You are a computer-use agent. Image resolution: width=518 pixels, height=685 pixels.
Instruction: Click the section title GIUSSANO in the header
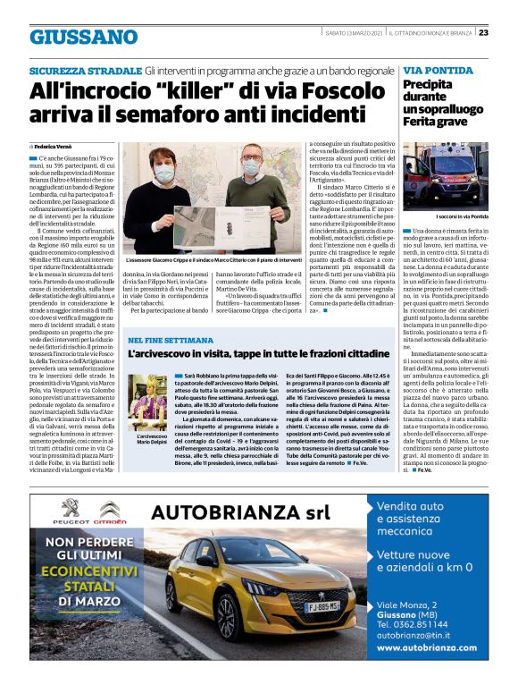(x=83, y=37)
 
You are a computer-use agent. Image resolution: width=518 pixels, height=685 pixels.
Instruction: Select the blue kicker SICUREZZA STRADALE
(x=85, y=70)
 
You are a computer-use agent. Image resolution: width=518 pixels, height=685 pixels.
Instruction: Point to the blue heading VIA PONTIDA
(x=438, y=70)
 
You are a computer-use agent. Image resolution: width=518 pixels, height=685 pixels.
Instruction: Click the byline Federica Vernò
(x=56, y=144)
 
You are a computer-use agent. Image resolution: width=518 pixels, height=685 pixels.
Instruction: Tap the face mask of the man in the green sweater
(x=163, y=172)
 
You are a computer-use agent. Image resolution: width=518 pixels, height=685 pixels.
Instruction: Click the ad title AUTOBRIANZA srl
(x=241, y=513)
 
